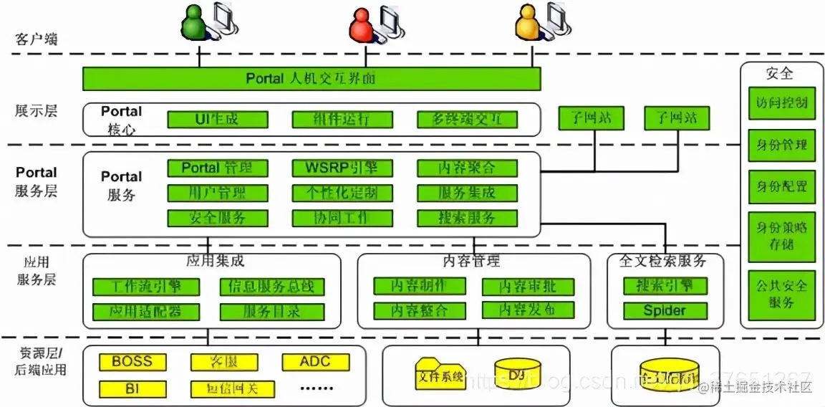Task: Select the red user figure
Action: pyautogui.click(x=362, y=23)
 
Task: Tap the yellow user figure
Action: pyautogui.click(x=528, y=22)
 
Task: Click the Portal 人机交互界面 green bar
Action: pyautogui.click(x=312, y=78)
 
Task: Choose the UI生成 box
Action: pyautogui.click(x=218, y=119)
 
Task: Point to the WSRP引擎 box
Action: pyautogui.click(x=343, y=168)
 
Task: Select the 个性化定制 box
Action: pyautogui.click(x=343, y=193)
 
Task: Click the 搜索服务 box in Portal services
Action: pyautogui.click(x=467, y=218)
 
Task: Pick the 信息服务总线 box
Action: pyautogui.click(x=271, y=287)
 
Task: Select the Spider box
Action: pyautogui.click(x=665, y=311)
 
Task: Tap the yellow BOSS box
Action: pyautogui.click(x=133, y=362)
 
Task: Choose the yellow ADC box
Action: pyautogui.click(x=315, y=362)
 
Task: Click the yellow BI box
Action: pyautogui.click(x=133, y=389)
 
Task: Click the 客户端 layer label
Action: pyautogui.click(x=37, y=39)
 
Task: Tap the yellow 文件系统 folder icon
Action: pyautogui.click(x=439, y=374)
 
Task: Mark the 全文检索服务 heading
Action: pyautogui.click(x=665, y=261)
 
